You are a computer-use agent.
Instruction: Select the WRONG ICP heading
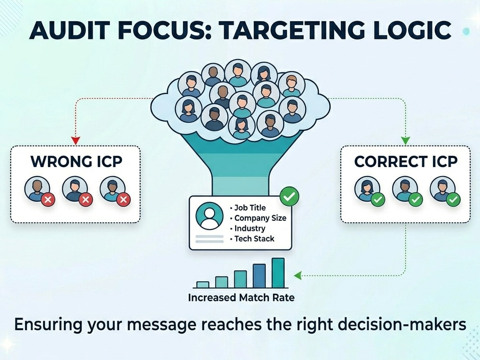click(76, 161)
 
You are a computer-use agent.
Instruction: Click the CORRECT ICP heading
click(406, 161)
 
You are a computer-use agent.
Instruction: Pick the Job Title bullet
click(248, 208)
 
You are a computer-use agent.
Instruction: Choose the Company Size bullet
click(258, 218)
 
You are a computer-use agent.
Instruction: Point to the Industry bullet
click(247, 228)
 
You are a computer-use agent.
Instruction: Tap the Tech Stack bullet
click(252, 239)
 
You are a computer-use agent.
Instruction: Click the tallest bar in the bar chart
click(278, 273)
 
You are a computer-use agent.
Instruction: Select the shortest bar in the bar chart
click(203, 285)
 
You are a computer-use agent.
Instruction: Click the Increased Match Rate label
click(241, 298)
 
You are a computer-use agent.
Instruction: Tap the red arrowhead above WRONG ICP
click(75, 141)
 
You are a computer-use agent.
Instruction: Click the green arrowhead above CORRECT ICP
click(405, 141)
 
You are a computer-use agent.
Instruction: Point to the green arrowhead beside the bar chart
click(298, 276)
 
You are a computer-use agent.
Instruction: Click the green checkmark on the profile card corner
click(289, 196)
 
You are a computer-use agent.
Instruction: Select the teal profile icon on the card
click(209, 216)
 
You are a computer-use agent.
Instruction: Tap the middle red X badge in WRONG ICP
click(86, 200)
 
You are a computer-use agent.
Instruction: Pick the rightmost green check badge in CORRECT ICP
click(453, 200)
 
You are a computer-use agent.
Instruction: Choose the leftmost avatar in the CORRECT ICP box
click(367, 189)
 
